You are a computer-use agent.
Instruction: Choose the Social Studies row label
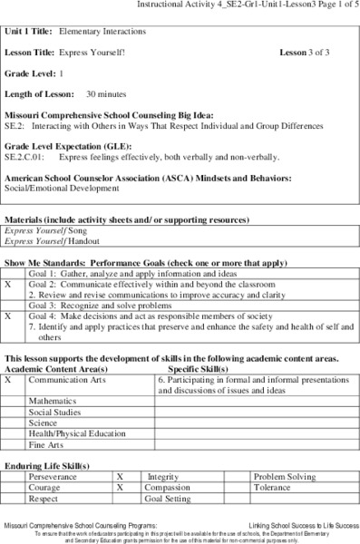coord(55,412)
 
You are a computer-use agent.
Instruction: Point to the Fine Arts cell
coord(46,445)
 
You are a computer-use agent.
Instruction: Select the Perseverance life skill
coord(53,476)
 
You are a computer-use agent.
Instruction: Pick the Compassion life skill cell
coord(170,487)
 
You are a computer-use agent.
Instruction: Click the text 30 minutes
coord(107,93)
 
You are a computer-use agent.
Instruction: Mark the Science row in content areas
coord(43,423)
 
